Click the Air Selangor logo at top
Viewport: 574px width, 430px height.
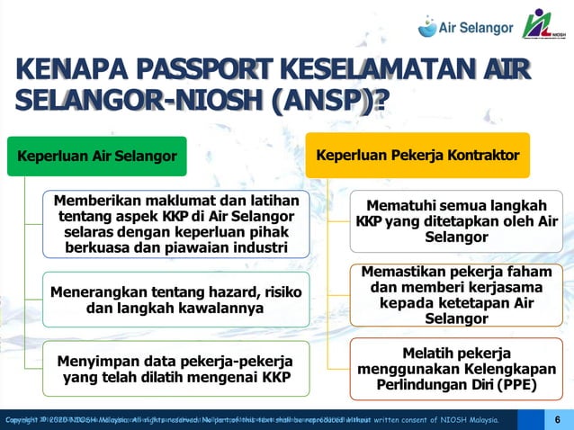coord(466,27)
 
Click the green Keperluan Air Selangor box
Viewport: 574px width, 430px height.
coord(96,157)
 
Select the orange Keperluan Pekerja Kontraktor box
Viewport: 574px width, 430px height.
coord(417,156)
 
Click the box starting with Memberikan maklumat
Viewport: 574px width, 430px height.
coord(175,222)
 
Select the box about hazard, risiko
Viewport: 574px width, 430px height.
coord(175,300)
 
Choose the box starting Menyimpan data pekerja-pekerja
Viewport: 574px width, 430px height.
coord(175,370)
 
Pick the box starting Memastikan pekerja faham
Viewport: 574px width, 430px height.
coord(456,294)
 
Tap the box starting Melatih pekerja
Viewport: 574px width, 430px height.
coord(456,370)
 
